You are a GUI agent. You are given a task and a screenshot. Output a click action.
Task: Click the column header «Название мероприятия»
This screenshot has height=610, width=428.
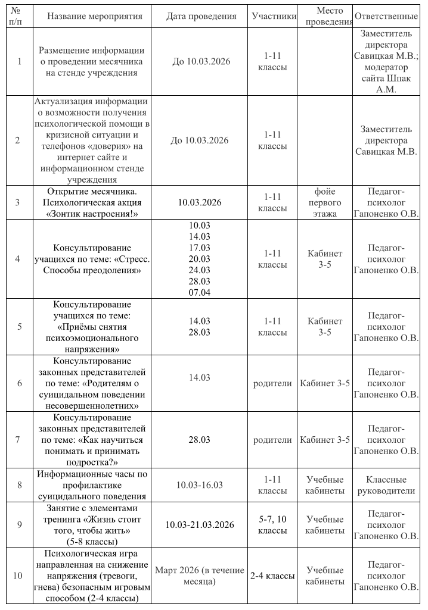94,16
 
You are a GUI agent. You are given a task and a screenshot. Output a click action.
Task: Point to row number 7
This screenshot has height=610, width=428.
18,440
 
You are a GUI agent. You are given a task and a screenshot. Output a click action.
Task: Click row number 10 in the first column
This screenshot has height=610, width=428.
18,575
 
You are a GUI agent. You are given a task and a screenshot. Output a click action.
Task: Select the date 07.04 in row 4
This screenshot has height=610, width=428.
199,292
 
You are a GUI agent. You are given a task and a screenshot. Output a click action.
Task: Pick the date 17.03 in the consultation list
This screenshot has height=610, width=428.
199,248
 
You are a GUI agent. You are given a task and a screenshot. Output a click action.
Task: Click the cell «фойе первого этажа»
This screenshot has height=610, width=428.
325,202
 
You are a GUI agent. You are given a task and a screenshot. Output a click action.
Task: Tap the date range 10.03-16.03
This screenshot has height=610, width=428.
199,485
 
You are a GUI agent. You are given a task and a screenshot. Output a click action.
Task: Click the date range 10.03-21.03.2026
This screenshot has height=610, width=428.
199,524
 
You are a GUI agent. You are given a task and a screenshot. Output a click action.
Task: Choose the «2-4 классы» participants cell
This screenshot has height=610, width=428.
272,575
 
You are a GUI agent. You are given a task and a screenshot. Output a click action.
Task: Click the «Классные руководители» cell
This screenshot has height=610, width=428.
386,485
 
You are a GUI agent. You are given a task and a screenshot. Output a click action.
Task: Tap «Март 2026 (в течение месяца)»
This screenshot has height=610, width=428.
199,575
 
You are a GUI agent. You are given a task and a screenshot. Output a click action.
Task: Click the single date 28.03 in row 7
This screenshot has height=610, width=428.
199,440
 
